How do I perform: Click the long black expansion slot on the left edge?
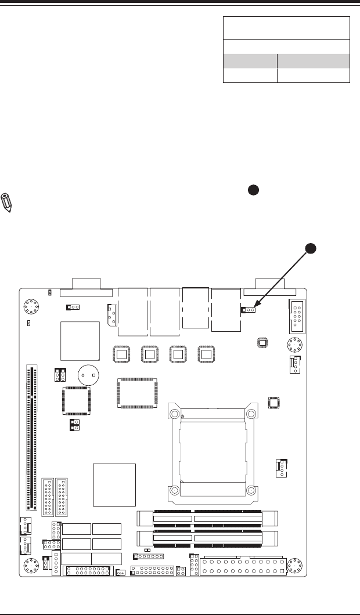[30, 435]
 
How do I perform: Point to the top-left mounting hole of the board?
[31, 307]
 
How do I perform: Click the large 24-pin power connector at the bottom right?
[243, 566]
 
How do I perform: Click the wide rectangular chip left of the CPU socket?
[137, 393]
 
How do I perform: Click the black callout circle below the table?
[253, 190]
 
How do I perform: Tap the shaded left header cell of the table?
[250, 62]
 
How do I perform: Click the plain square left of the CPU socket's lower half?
[114, 484]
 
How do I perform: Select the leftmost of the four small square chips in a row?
[121, 354]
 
